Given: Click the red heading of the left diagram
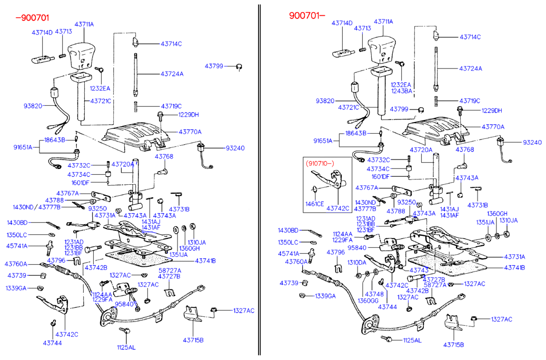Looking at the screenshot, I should tap(32, 18).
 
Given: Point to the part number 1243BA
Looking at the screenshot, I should tap(401, 91).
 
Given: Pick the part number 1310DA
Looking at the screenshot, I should tap(356, 262).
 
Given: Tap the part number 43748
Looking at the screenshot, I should tap(374, 294).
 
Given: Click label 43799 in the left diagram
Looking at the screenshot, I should tap(214, 66).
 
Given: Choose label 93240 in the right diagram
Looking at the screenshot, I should tap(532, 143).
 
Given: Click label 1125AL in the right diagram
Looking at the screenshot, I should tap(412, 341).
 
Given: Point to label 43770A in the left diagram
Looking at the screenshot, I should tap(190, 132).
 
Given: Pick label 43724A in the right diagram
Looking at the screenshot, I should tap(470, 69).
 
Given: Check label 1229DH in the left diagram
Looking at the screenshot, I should tap(188, 114).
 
